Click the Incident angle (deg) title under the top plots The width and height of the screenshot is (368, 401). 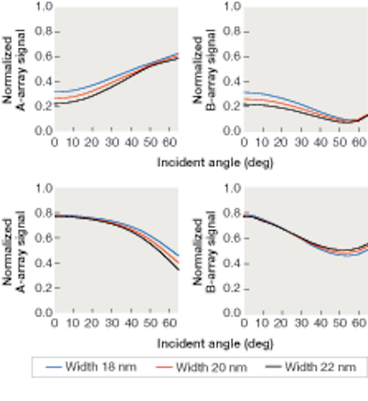[x=215, y=162]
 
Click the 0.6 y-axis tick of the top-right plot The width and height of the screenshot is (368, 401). [x=232, y=57]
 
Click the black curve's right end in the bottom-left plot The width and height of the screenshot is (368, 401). [x=179, y=270]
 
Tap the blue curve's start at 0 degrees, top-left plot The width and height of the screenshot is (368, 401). [x=55, y=91]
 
